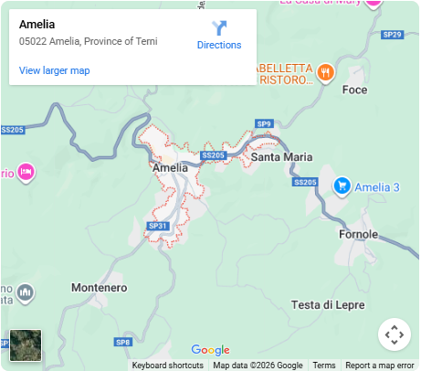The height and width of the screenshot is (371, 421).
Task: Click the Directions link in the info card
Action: tap(219, 36)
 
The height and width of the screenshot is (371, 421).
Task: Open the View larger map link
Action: tap(54, 70)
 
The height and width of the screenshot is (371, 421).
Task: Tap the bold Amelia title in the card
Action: tap(37, 25)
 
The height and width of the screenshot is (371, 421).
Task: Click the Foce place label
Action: tap(353, 90)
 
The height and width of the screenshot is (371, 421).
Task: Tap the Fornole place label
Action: tap(358, 234)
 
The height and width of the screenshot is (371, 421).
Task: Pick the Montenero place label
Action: tap(99, 288)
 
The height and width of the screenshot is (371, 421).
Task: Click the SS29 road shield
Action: tap(392, 35)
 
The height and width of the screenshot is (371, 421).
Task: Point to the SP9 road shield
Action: tap(264, 123)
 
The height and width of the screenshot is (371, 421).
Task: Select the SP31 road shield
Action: tap(157, 226)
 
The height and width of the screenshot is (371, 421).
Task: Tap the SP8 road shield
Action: tap(123, 342)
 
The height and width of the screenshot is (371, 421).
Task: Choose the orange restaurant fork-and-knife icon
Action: tap(324, 71)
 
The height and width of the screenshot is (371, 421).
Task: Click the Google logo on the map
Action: tap(210, 350)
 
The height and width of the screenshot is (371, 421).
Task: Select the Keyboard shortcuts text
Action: tap(167, 366)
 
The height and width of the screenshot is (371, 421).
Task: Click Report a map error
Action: tap(379, 366)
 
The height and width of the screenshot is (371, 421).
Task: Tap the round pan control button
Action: tap(395, 334)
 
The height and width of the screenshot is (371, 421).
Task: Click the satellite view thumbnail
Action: tap(26, 345)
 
